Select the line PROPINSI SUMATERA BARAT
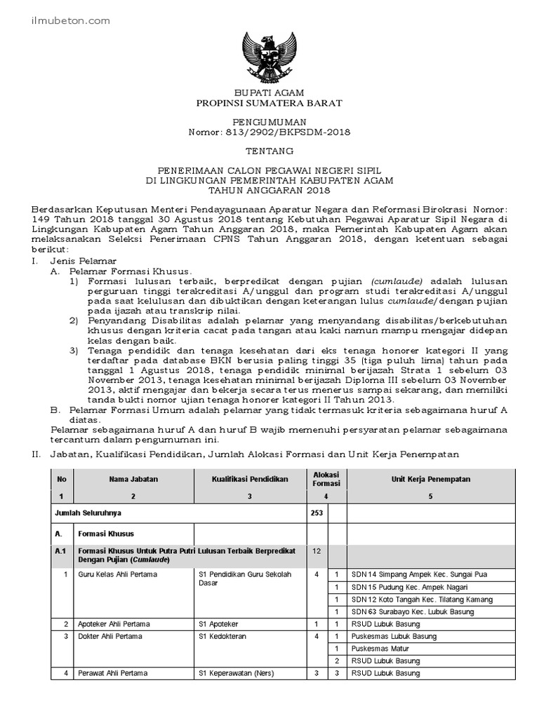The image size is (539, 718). (270, 103)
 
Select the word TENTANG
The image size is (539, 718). (270, 151)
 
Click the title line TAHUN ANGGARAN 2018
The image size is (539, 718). (270, 190)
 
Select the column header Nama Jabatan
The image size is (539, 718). (133, 479)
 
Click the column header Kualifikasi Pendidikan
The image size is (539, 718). (250, 479)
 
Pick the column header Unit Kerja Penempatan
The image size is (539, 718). (430, 479)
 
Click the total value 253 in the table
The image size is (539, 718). (317, 513)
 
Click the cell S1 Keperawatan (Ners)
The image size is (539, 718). (237, 674)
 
